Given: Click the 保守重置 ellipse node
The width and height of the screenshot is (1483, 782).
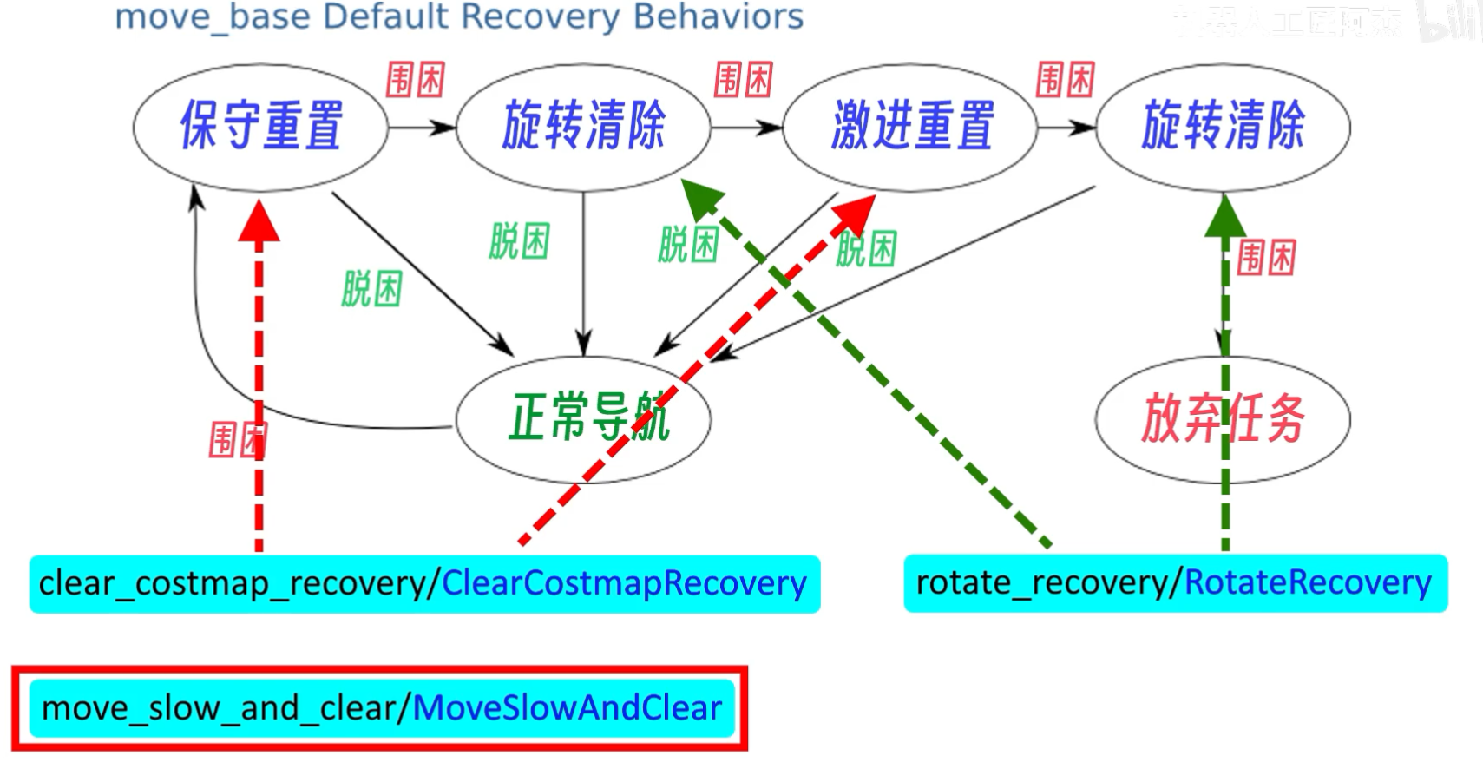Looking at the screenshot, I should coord(260,126).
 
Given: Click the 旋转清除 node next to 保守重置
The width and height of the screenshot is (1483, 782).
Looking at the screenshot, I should coord(583,126).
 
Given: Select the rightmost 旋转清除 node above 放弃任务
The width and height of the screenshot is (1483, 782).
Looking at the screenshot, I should coord(1223,126).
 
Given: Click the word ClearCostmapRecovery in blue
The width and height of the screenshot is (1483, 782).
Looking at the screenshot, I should coord(624,583).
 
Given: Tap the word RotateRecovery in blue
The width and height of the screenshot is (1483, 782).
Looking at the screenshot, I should coord(1307,582).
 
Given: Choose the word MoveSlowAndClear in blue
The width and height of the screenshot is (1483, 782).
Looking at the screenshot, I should coord(567,708).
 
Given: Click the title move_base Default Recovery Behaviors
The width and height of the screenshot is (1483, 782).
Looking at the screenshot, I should coord(459,17).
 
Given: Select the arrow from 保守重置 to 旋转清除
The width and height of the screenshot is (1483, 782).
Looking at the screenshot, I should coord(422,128).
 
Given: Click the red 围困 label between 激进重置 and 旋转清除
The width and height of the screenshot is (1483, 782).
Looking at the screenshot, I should coord(1065,80).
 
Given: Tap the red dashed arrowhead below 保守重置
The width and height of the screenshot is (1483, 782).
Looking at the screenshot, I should coord(259,221).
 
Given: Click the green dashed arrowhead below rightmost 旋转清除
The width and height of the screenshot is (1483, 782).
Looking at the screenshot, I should coord(1224,217).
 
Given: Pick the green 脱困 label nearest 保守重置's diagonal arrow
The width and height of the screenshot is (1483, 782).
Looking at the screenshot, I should coord(371,288).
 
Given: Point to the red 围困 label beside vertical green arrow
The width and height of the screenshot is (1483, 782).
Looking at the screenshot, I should coord(1266,258).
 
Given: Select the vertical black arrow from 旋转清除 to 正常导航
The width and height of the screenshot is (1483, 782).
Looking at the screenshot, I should coord(583,269).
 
